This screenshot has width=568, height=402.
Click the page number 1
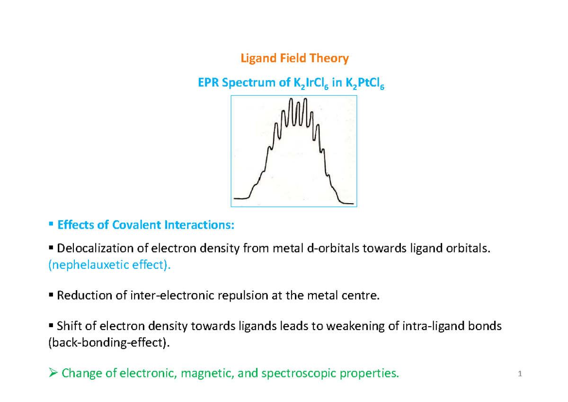click(x=519, y=375)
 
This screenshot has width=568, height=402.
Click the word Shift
click(x=68, y=326)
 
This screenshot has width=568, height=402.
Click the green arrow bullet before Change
click(x=53, y=374)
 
